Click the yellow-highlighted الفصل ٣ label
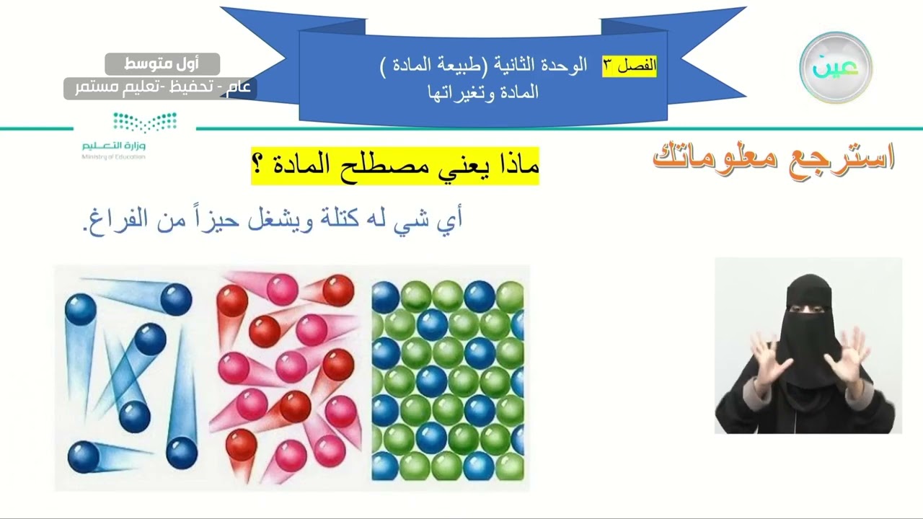[x=630, y=65]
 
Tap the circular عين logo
[x=836, y=67]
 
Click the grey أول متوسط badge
[x=162, y=63]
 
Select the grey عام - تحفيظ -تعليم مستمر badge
[x=159, y=88]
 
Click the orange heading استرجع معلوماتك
[x=774, y=156]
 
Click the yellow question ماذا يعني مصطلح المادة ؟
[x=395, y=165]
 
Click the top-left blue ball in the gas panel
[x=80, y=308]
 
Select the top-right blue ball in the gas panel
[x=175, y=299]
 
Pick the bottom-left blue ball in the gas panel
[x=84, y=457]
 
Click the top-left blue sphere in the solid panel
[x=385, y=296]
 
